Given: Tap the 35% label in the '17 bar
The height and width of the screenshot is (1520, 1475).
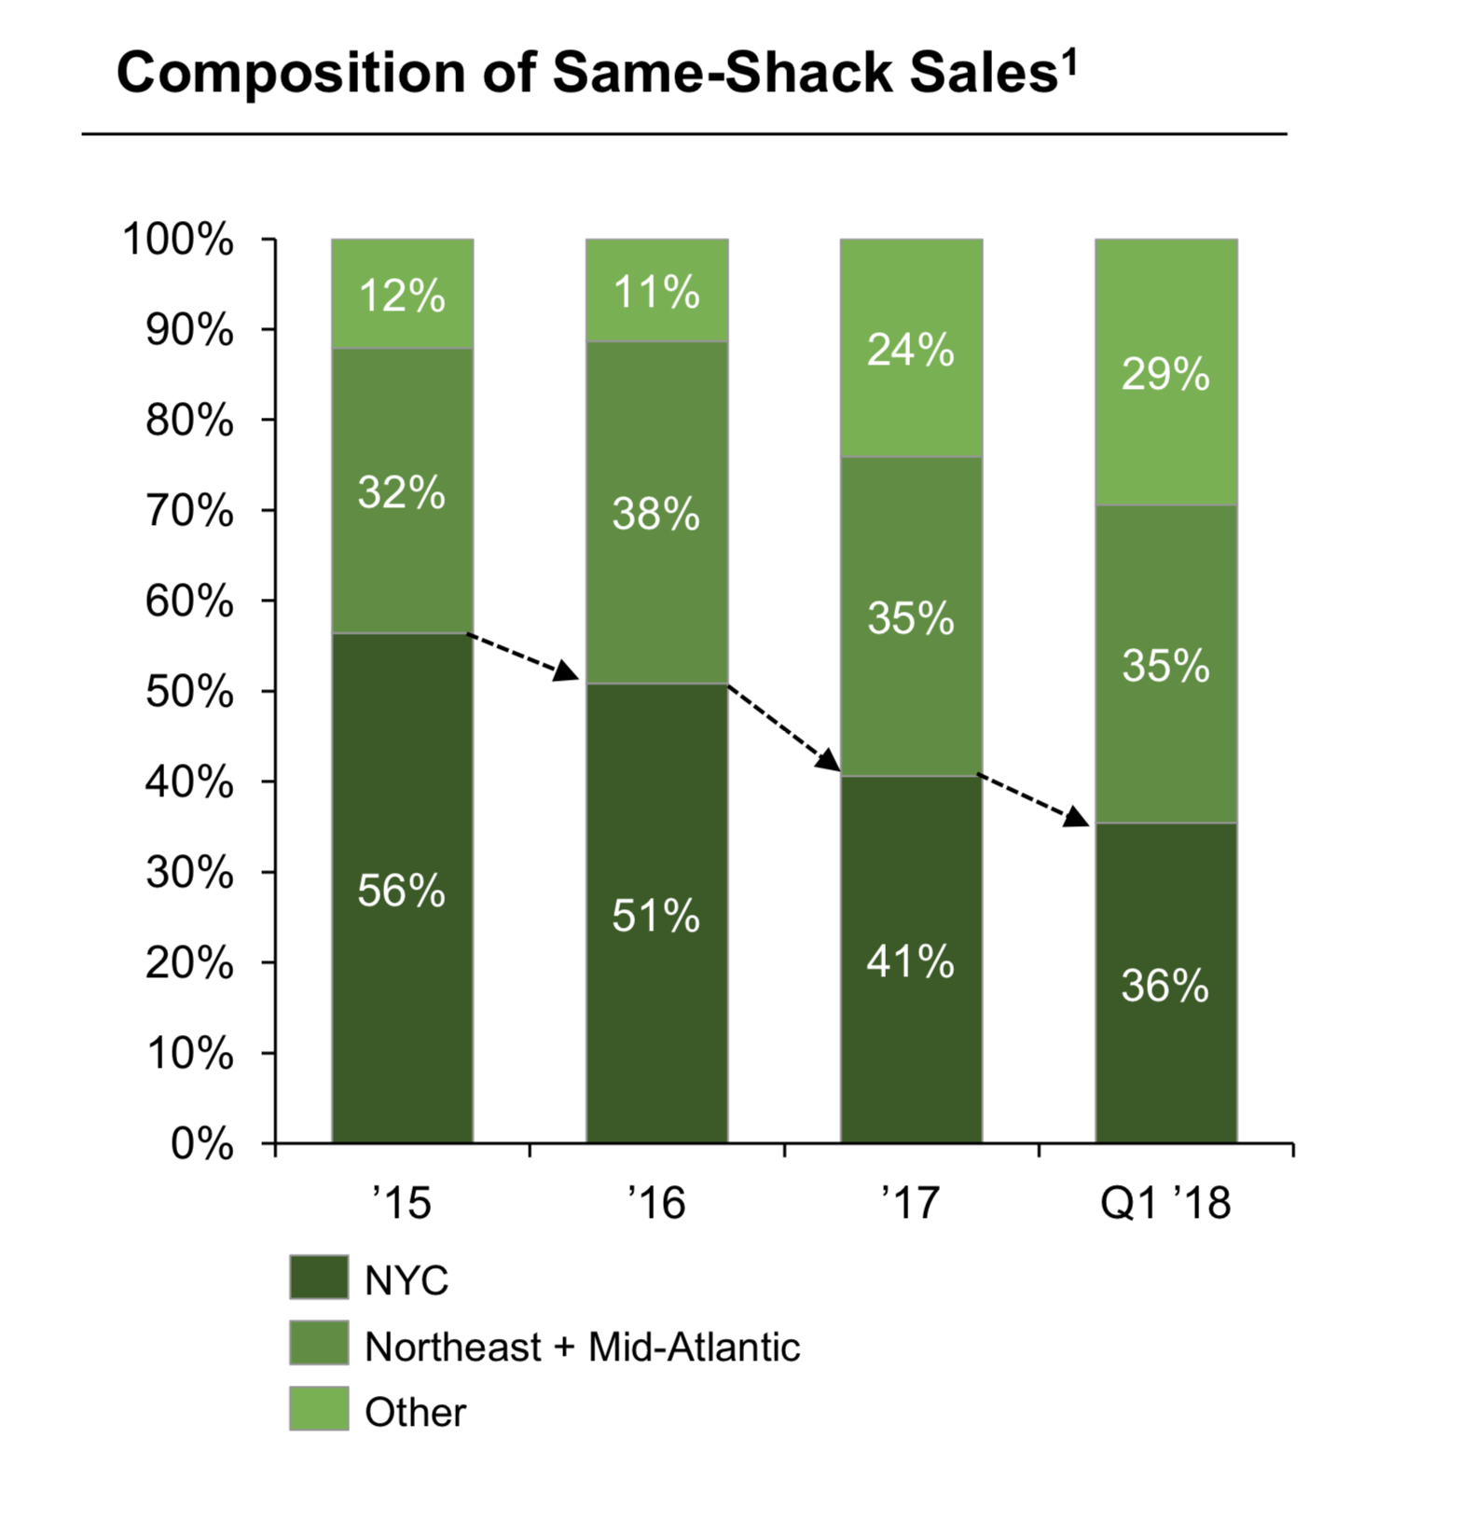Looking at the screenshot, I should pyautogui.click(x=910, y=618).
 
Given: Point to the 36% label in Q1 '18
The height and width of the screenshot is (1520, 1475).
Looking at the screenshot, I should pyautogui.click(x=1165, y=986).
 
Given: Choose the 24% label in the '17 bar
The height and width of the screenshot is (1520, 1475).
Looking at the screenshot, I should pyautogui.click(x=910, y=350).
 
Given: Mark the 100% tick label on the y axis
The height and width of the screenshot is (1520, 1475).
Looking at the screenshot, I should pyautogui.click(x=178, y=240).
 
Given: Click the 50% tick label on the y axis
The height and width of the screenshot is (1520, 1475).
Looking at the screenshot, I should pyautogui.click(x=189, y=692).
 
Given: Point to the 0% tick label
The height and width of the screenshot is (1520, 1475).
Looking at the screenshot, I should pyautogui.click(x=201, y=1143).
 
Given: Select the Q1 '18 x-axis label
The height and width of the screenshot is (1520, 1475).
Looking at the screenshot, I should pyautogui.click(x=1165, y=1203).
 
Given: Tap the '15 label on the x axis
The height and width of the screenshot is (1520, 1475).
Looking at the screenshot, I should pyautogui.click(x=402, y=1203).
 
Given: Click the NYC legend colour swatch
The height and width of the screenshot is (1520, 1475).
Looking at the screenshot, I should pyautogui.click(x=319, y=1278).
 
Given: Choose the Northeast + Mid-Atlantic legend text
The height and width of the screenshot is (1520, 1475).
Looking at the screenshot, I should pyautogui.click(x=582, y=1347).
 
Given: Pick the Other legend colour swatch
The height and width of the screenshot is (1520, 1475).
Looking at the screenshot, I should pyautogui.click(x=319, y=1408).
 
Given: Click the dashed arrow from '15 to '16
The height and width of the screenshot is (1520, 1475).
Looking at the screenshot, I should pyautogui.click(x=523, y=656).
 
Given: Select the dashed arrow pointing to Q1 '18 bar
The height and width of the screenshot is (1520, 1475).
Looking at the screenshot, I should pyautogui.click(x=1033, y=799).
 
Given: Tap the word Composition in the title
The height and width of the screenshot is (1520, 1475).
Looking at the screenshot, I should pyautogui.click(x=290, y=73).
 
